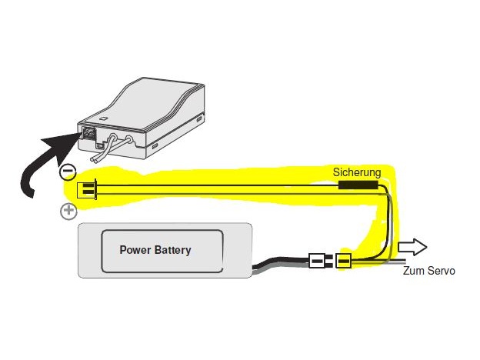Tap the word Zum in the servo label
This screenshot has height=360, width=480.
click(x=413, y=272)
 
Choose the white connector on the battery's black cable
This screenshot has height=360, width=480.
click(x=318, y=262)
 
